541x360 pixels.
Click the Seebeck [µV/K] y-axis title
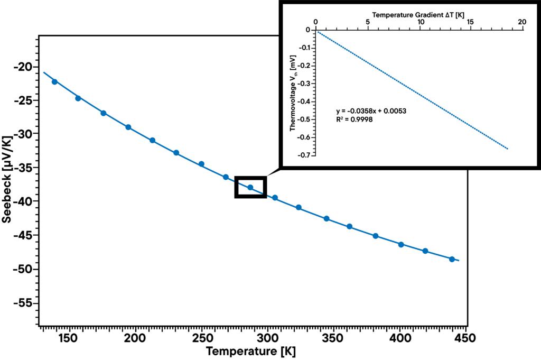point(7,180)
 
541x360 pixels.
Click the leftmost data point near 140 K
point(54,81)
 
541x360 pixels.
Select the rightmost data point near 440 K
point(452,259)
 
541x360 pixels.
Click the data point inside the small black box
point(250,187)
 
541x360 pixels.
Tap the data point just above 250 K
point(201,164)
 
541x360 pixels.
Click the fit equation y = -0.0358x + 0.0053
point(371,111)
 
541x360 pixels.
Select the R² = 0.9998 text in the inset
point(356,119)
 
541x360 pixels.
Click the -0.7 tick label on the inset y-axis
point(303,155)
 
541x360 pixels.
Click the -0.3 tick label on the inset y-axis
point(303,84)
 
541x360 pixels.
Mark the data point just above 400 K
point(401,244)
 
